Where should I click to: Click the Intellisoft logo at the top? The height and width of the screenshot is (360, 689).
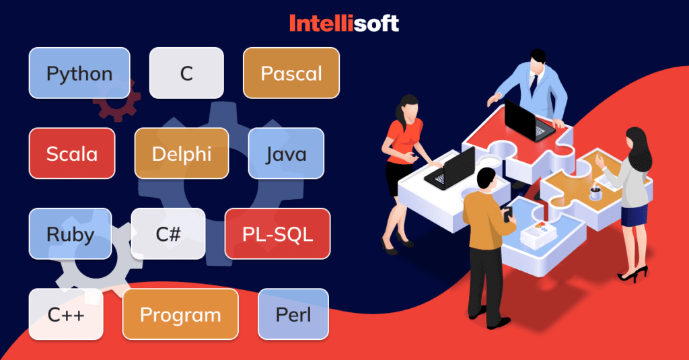[x=344, y=24]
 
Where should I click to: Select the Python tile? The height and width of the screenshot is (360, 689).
[x=79, y=73]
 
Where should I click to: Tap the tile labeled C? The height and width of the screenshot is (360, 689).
[x=186, y=73]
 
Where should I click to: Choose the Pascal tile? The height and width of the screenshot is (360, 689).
[x=291, y=73]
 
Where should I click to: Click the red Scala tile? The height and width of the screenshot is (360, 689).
[x=71, y=153]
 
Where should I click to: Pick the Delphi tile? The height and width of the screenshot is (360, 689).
[x=182, y=153]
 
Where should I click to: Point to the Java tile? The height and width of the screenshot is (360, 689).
[x=286, y=153]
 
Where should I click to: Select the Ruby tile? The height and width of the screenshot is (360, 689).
[x=70, y=233]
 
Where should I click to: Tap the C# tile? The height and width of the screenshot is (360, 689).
[x=168, y=233]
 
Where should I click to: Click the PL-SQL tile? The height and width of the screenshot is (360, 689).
[x=277, y=233]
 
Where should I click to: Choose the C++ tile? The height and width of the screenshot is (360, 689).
[x=66, y=314]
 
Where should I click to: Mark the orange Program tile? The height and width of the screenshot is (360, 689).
[x=180, y=314]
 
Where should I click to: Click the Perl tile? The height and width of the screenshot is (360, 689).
[x=293, y=314]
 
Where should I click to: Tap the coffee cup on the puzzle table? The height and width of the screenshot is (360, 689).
[x=595, y=193]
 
